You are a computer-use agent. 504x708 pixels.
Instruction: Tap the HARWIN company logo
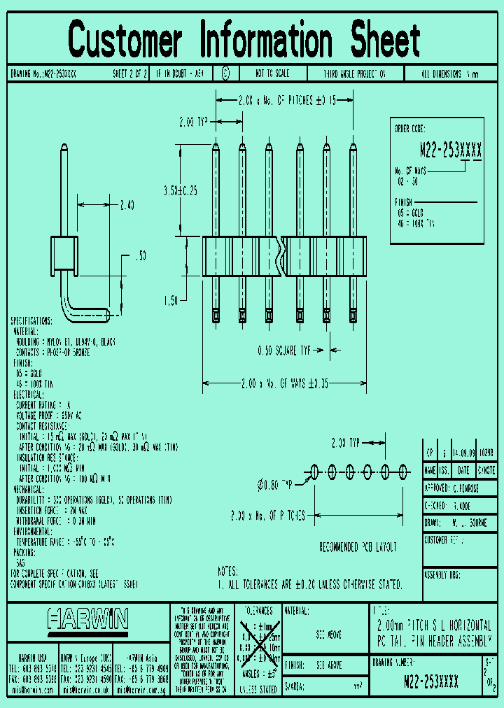pyautogui.click(x=88, y=618)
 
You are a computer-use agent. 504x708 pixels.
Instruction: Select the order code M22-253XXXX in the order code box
pyautogui.click(x=450, y=149)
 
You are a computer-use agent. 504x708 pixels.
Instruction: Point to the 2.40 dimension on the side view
pyautogui.click(x=127, y=205)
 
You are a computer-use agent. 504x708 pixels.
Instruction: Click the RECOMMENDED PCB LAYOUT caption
pyautogui.click(x=358, y=546)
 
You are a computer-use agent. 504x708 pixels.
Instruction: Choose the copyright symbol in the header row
pyautogui.click(x=225, y=73)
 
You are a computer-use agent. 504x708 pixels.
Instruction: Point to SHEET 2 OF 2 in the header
pyautogui.click(x=130, y=73)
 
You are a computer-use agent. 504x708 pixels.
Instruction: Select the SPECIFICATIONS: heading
pyautogui.click(x=31, y=320)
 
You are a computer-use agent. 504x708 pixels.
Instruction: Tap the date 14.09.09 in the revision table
pyautogui.click(x=464, y=453)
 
